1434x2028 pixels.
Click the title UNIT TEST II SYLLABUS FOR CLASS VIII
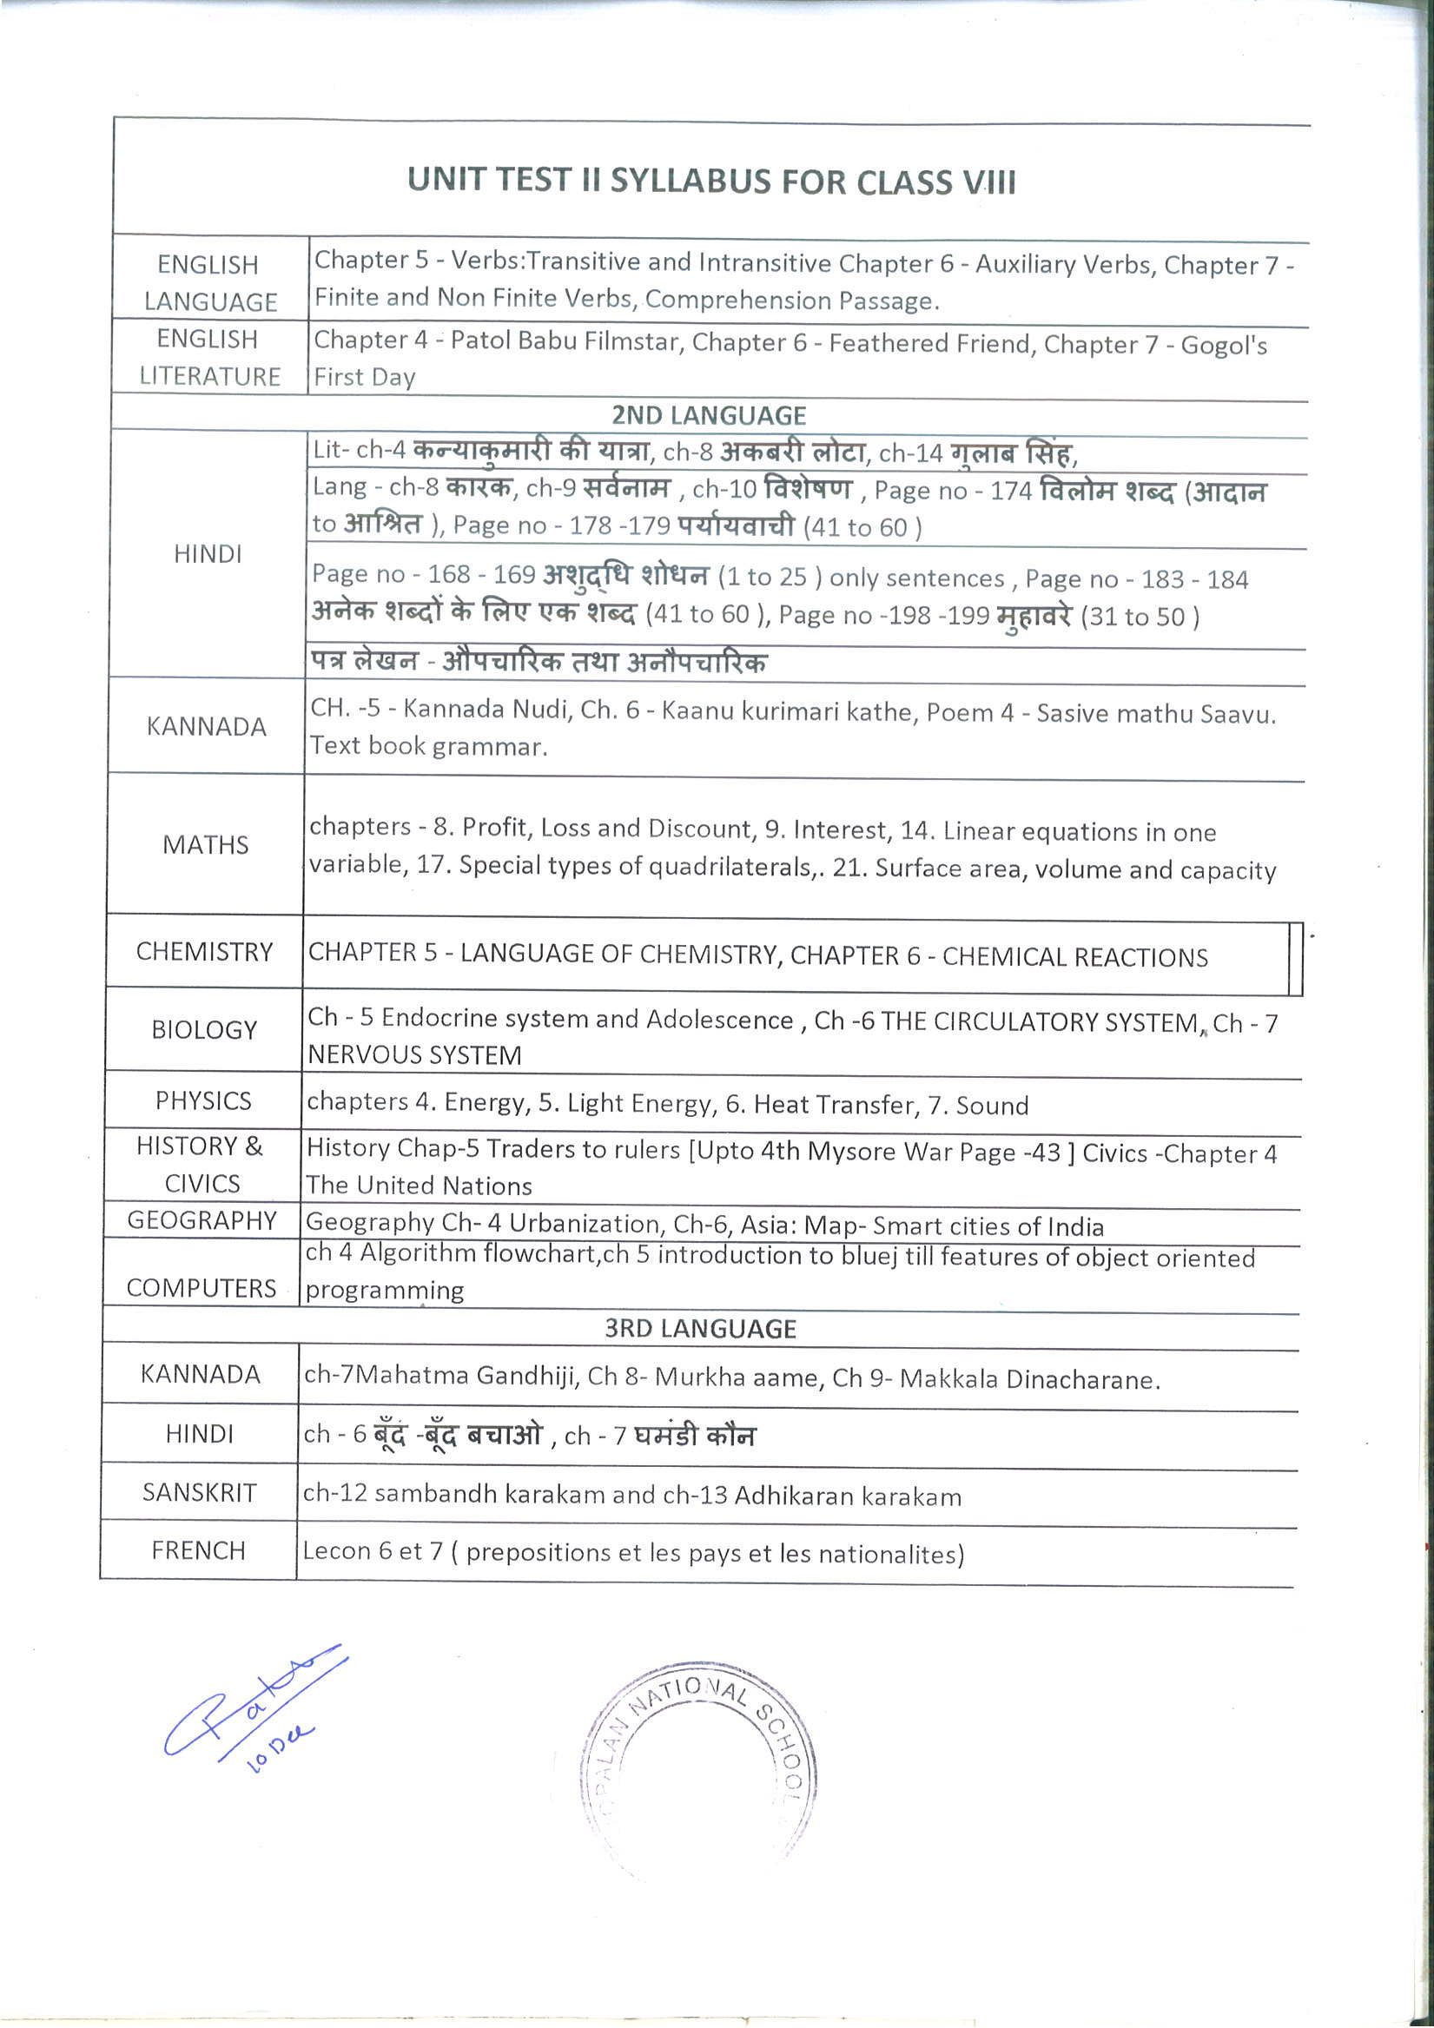point(711,181)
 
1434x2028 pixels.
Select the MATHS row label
point(205,845)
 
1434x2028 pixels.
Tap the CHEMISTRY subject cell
point(204,952)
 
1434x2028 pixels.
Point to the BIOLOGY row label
point(204,1030)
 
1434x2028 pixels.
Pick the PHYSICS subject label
point(203,1100)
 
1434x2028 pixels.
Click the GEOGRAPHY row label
point(202,1220)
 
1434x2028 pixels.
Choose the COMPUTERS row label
point(202,1289)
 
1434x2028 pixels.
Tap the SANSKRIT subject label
point(200,1493)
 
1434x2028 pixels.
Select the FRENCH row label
point(199,1550)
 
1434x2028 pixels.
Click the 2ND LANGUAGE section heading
point(709,416)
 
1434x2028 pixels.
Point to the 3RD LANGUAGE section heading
point(701,1330)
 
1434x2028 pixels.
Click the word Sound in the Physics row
point(992,1106)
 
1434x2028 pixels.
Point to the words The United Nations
point(419,1186)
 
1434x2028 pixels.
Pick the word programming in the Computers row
point(385,1291)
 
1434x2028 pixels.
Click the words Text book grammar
point(428,746)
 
